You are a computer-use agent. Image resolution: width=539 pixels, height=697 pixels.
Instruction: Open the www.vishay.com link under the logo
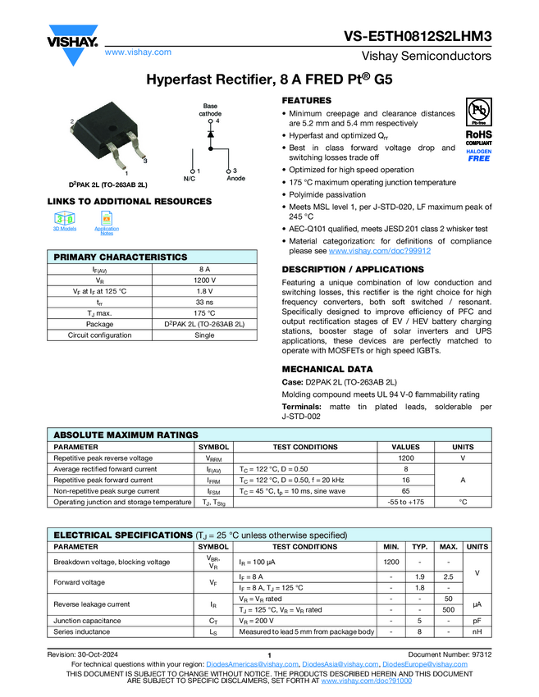138,52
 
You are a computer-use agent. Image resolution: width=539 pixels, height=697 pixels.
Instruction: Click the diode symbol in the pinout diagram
211,133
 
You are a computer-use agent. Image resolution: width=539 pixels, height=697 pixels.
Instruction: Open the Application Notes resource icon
107,219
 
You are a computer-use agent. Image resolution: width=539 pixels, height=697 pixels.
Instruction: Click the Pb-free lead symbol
479,111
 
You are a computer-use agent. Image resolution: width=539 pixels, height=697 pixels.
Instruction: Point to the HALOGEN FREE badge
479,155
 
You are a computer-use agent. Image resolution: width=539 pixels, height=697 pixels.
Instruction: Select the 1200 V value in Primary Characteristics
208,280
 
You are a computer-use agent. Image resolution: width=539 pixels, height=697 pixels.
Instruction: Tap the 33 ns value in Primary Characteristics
208,303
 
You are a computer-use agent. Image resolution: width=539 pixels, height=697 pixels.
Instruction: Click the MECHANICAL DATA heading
327,369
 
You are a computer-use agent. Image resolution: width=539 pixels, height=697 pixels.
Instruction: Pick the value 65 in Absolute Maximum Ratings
405,491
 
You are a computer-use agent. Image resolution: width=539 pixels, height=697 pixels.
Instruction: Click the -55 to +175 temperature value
405,502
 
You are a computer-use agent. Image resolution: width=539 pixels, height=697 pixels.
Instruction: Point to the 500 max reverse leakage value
448,610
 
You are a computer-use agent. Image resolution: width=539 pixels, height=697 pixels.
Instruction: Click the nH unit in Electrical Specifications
477,631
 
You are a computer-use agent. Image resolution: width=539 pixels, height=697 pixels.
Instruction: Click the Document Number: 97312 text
450,654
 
